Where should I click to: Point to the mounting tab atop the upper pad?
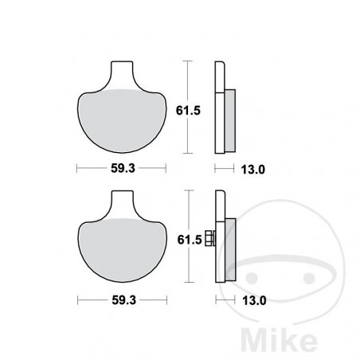pyautogui.click(x=123, y=73)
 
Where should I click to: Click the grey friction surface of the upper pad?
pyautogui.click(x=123, y=119)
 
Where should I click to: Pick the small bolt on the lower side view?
pyautogui.click(x=210, y=237)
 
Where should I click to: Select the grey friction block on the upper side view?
pyautogui.click(x=230, y=119)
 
